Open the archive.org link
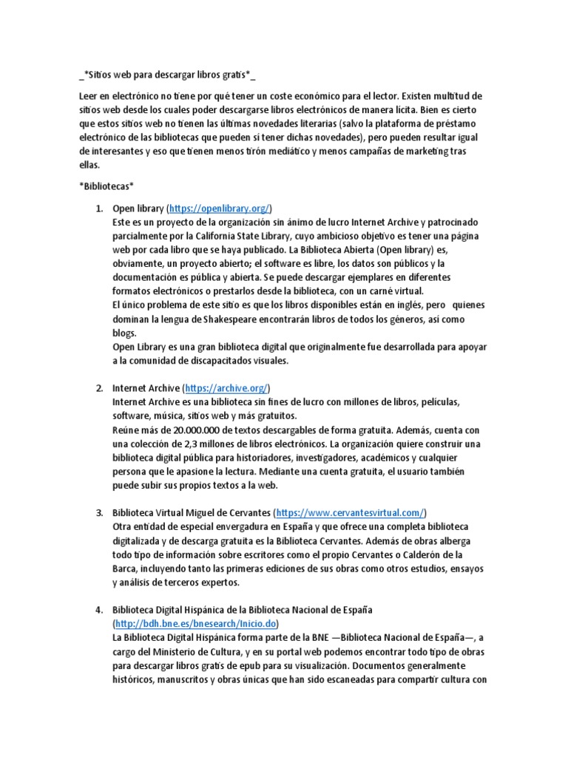(226, 387)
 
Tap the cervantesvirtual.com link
(350, 512)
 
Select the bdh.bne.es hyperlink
(194, 623)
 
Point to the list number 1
(99, 208)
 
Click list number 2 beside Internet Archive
(99, 387)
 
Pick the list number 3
(99, 512)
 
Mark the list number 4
(99, 609)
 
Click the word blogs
(124, 333)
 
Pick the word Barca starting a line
(124, 568)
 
